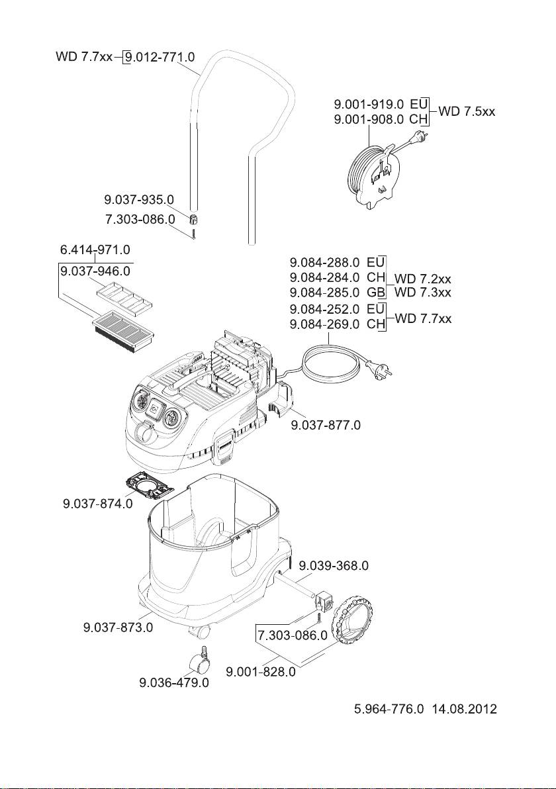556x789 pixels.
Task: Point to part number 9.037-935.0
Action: coord(139,200)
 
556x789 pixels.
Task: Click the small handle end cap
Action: coord(193,219)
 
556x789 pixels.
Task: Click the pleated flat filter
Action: coord(124,327)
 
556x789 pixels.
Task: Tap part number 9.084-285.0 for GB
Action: coord(324,293)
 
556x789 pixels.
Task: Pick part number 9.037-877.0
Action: coord(326,425)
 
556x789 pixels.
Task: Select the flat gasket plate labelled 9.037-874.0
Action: coord(148,486)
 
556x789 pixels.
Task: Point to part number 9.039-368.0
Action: coord(334,565)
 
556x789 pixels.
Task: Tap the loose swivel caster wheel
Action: coord(200,661)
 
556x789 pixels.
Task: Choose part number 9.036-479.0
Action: coord(174,683)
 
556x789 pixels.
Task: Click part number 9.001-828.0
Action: coord(261,672)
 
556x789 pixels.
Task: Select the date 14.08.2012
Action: coord(465,709)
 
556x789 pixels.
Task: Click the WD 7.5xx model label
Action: coord(467,111)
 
